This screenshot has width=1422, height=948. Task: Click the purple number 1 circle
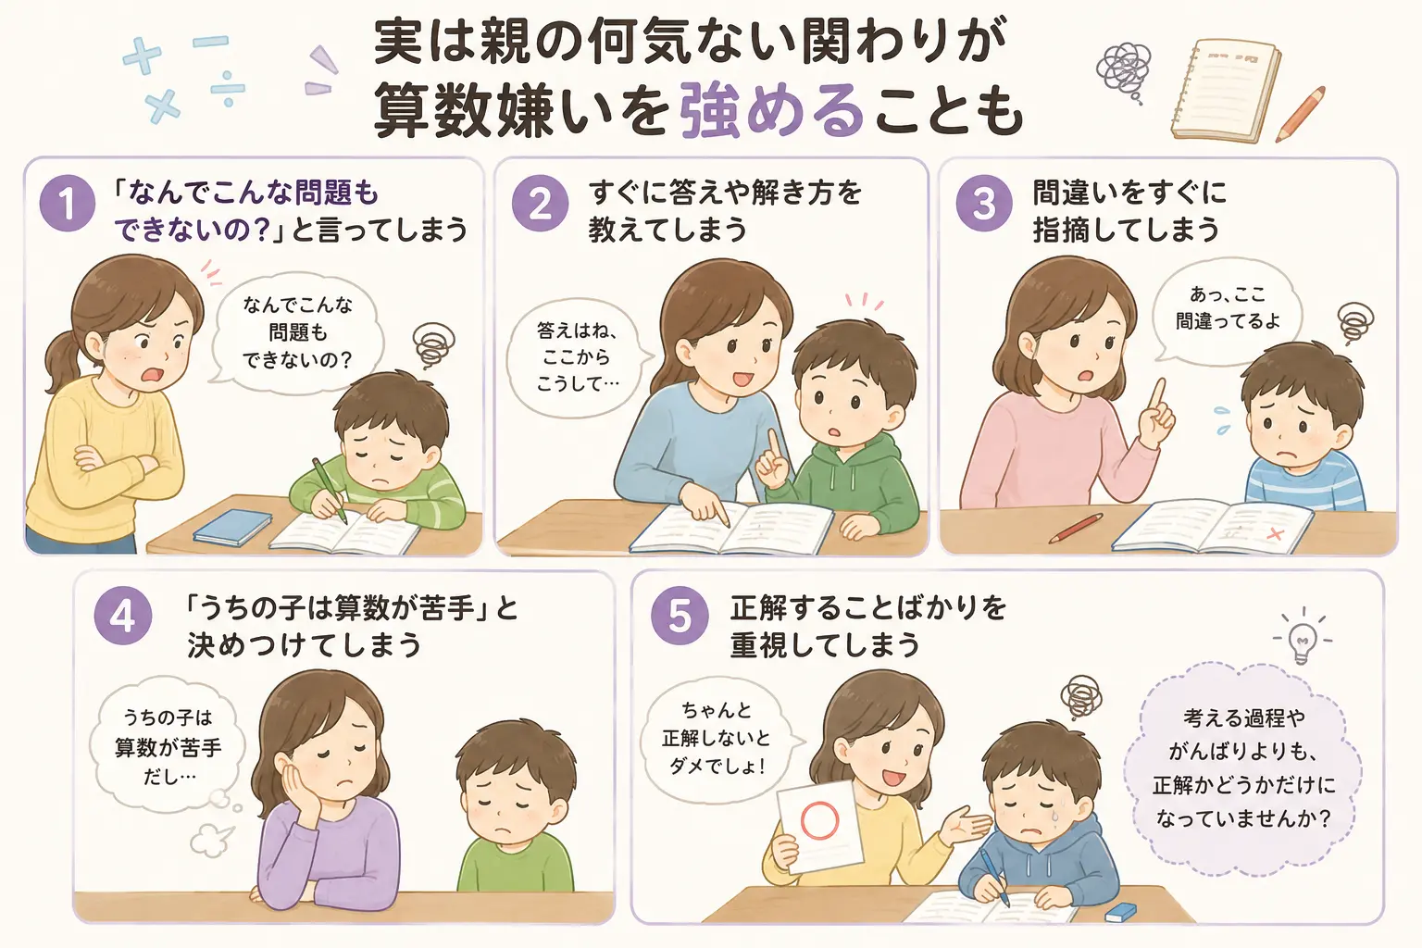coord(68,203)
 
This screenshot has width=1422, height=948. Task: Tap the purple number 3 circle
coord(984,203)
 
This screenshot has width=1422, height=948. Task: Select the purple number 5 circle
coord(680,616)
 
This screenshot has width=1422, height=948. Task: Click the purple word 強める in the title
coord(771,114)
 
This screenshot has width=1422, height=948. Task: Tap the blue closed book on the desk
coord(232,527)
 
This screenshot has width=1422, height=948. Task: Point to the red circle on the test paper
coord(820,820)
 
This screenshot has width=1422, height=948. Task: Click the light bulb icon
coord(1302,639)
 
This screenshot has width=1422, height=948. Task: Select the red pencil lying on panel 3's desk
coord(1076,529)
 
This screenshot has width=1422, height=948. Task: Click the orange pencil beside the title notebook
coord(1300,114)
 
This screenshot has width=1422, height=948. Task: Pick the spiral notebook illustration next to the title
coord(1224,90)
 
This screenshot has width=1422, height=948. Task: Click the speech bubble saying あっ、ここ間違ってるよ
coord(1226,310)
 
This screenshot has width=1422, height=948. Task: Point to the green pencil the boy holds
coord(330,490)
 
